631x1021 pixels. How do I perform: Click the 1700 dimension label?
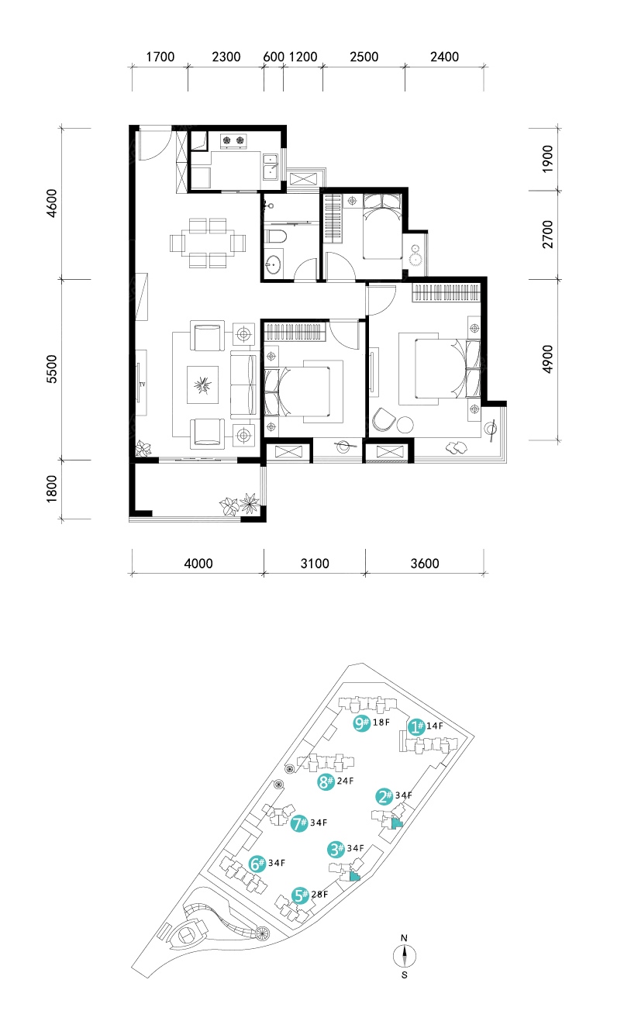click(x=160, y=57)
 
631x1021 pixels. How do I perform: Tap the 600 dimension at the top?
click(x=274, y=57)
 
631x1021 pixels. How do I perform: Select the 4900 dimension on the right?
click(x=547, y=359)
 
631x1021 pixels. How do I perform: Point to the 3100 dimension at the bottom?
click(x=315, y=564)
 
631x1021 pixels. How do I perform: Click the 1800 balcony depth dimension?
click(x=52, y=488)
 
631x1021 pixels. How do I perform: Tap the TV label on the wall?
click(x=143, y=385)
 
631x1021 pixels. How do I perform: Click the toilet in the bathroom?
click(x=276, y=236)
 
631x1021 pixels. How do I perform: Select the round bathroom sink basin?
click(x=274, y=265)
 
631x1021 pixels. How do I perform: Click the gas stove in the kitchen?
click(x=233, y=141)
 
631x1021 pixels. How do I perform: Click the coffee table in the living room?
click(x=202, y=385)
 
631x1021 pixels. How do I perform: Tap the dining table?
click(x=208, y=243)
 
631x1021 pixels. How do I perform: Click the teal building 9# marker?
click(x=361, y=723)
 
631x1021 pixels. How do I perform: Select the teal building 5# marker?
click(x=301, y=895)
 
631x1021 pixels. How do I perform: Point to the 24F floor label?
click(x=345, y=781)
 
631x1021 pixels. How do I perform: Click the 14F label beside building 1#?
click(x=435, y=726)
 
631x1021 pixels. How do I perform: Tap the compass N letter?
click(x=404, y=937)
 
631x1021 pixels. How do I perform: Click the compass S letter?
click(x=405, y=975)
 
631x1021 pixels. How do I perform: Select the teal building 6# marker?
click(x=257, y=864)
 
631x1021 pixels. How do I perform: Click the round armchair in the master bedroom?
click(x=382, y=419)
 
